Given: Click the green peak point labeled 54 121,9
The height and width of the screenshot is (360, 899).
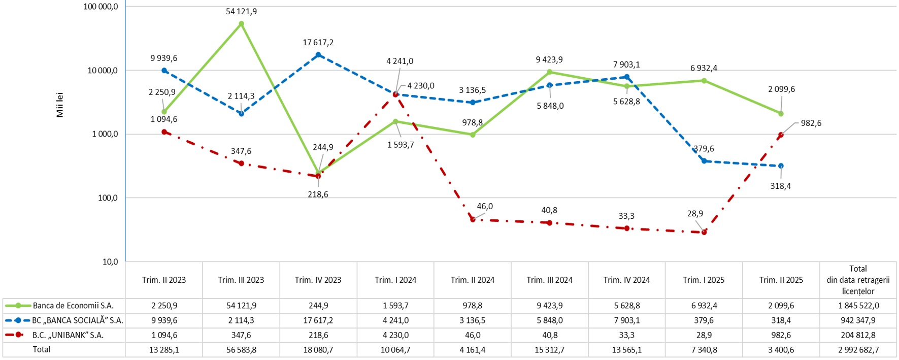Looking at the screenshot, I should [241, 24].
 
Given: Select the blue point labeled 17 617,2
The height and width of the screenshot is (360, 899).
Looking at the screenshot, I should [318, 55].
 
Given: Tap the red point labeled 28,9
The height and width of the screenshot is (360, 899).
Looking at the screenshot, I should [704, 232].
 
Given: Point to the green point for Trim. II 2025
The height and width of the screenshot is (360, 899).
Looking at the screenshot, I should [781, 114].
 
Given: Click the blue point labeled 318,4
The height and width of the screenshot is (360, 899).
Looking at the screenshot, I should [781, 166].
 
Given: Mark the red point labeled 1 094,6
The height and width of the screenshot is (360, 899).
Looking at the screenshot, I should [164, 132].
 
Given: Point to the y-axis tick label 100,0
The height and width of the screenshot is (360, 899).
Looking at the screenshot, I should [107, 198].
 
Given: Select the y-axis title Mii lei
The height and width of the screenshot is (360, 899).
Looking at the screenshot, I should [60, 105].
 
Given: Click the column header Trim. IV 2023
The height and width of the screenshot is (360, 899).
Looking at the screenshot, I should [318, 280].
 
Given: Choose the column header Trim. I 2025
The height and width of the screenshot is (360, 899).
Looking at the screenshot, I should [704, 280].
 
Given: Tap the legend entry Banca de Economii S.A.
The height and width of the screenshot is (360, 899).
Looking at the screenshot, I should [73, 306].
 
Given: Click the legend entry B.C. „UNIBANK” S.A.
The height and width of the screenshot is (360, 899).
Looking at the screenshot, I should [68, 335].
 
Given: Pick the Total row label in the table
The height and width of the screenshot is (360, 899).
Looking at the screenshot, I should [42, 349].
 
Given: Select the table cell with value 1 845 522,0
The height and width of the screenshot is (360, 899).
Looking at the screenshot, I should [858, 306].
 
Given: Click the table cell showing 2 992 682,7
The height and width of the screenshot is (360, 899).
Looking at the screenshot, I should [858, 350].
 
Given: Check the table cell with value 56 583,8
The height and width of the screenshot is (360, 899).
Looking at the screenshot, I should [241, 350].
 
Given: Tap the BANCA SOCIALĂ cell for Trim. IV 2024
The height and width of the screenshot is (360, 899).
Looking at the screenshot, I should [626, 320].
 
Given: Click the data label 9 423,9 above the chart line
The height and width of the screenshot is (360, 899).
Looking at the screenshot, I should [549, 60].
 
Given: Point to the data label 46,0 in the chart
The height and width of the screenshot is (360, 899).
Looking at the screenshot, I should [485, 206].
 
